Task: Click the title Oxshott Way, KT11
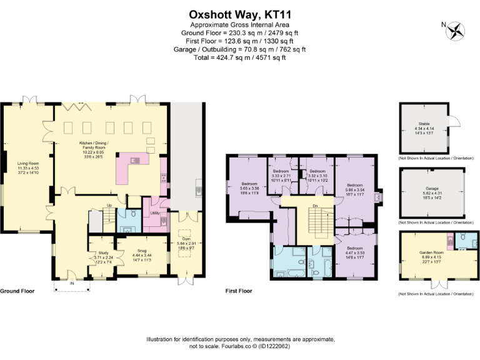click(240, 14)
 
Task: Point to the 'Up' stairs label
click(110, 206)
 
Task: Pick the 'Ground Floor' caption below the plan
click(17, 291)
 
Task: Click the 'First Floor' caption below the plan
click(238, 291)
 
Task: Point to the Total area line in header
click(240, 57)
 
